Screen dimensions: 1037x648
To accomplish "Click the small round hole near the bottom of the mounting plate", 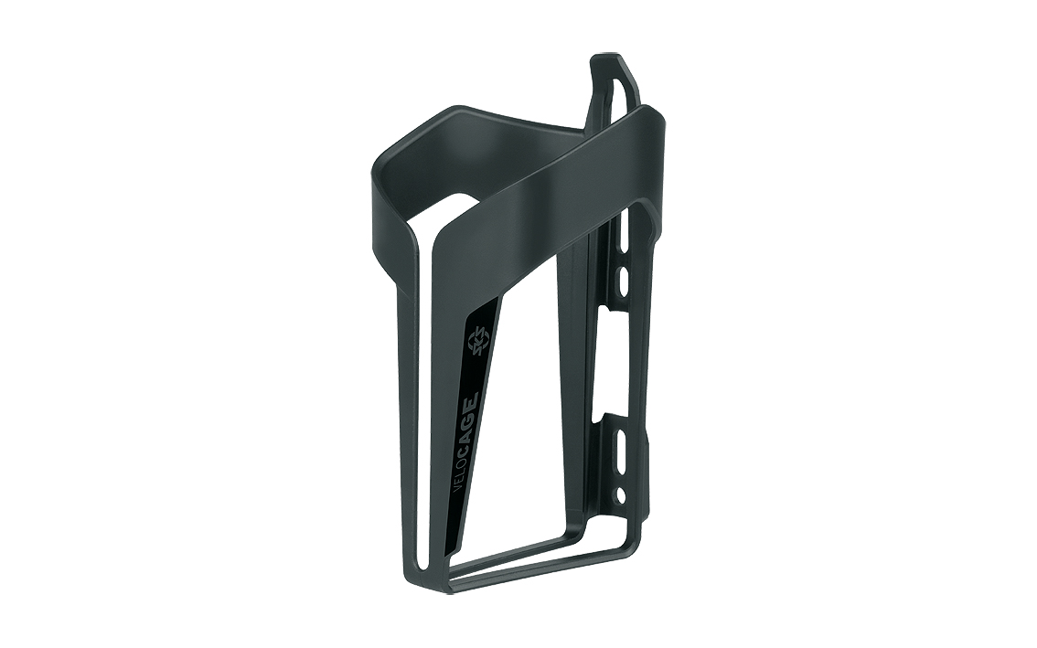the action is [x=620, y=492].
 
